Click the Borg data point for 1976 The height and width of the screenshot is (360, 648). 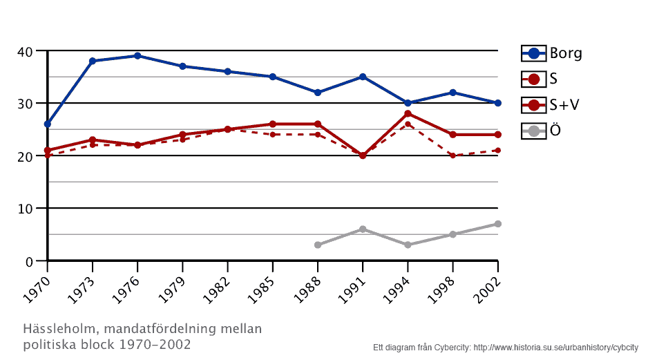[137, 56]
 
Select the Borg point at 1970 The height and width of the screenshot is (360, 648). [47, 124]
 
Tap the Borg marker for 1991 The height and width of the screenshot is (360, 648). [363, 77]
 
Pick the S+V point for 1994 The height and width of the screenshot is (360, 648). [408, 113]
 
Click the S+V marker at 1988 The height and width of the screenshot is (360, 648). [318, 124]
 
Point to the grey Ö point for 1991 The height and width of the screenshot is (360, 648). [363, 229]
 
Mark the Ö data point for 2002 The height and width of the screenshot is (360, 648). [498, 224]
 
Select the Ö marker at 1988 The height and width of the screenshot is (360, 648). [318, 245]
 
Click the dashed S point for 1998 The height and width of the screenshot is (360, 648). [453, 155]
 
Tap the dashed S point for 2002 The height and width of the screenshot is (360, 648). [498, 151]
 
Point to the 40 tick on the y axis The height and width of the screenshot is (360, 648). [26, 52]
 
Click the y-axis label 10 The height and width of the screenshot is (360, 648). [26, 209]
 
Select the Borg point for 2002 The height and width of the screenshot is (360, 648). [498, 103]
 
